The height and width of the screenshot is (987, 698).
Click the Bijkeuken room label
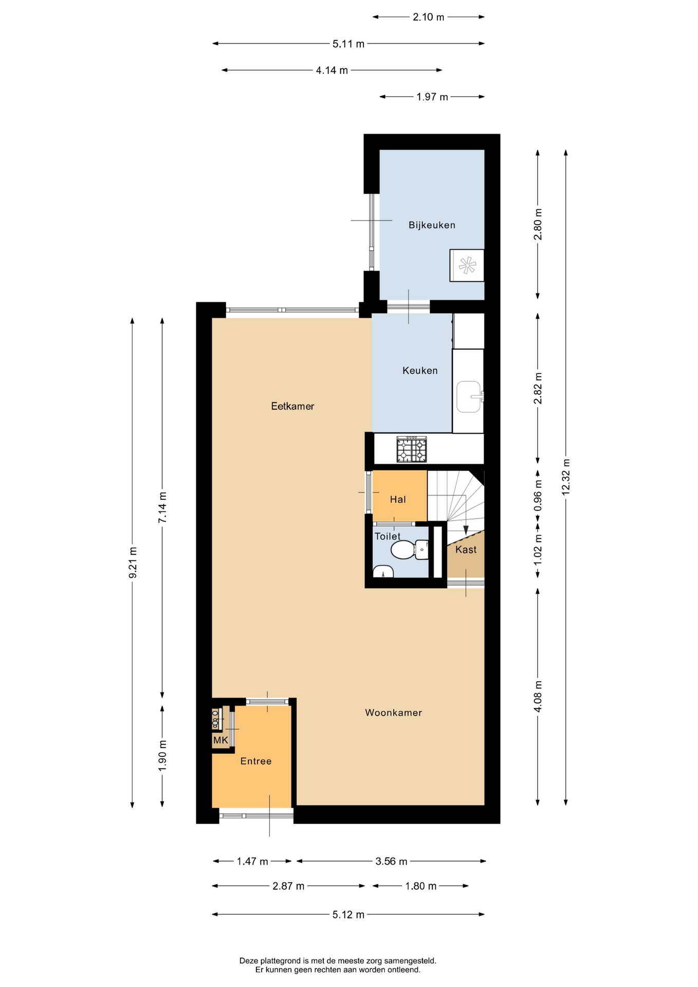pos(432,225)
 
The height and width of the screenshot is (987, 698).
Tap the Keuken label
pos(420,371)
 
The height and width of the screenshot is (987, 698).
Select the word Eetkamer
pos(292,406)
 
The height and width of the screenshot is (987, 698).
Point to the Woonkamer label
pos(393,712)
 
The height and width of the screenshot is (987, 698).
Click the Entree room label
pos(256,761)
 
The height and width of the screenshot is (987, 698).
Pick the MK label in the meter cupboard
pos(221,740)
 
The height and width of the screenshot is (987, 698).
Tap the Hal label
pos(398,500)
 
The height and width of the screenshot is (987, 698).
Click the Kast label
pos(466,550)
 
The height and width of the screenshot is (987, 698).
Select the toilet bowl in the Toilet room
pos(409,550)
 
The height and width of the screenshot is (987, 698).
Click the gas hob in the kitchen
pos(411,449)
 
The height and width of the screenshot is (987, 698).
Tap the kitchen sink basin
pos(468,396)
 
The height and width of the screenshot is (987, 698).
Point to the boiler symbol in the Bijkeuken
pos(467,265)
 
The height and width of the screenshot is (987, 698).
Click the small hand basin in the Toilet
pos(383,572)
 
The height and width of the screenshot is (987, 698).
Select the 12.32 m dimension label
pos(565,477)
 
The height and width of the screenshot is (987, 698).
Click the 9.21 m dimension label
pos(132,562)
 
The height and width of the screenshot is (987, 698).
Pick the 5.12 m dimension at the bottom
pos(348,915)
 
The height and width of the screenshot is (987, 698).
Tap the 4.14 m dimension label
pos(332,70)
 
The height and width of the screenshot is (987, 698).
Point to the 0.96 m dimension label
pos(538,496)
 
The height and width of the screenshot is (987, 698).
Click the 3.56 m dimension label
pos(391,861)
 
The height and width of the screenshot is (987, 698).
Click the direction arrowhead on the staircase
pos(466,530)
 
